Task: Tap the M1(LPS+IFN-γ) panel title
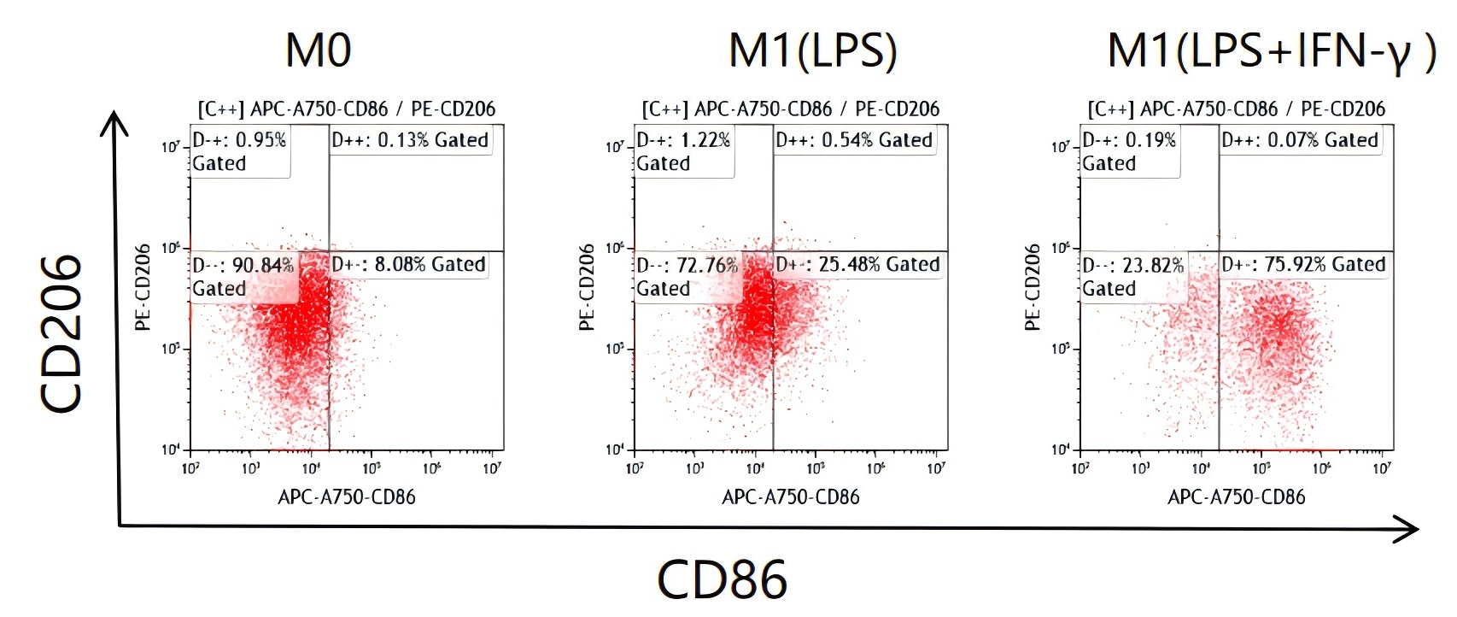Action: click(1271, 51)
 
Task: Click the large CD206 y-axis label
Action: click(62, 333)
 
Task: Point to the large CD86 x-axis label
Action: click(722, 579)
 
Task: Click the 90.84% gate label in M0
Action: click(243, 277)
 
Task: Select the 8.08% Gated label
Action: click(409, 265)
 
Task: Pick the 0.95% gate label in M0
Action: click(239, 151)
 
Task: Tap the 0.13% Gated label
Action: click(411, 140)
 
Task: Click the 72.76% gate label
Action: click(687, 277)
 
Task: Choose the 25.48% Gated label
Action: click(857, 265)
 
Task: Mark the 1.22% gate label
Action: click(683, 151)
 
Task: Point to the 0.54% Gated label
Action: click(855, 140)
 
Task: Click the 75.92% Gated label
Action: click(1303, 265)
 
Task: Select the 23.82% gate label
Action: click(1132, 277)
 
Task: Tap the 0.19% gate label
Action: click(1129, 151)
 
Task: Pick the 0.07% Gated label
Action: click(1300, 140)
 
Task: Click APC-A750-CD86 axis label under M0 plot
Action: click(347, 497)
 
